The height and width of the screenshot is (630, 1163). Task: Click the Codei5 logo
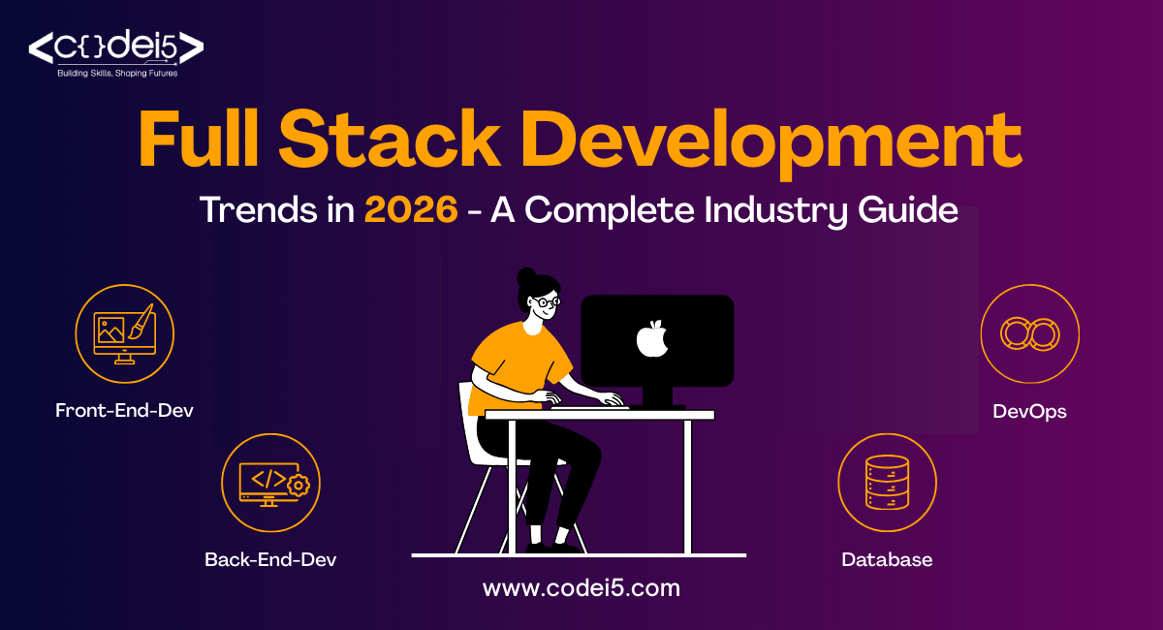[x=115, y=47]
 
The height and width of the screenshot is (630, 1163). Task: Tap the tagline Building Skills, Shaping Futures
[x=115, y=73]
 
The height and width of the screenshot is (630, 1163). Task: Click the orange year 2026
[x=412, y=210]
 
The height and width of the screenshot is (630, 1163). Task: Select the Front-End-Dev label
[x=124, y=410]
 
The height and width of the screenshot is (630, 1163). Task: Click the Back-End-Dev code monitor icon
[x=270, y=483]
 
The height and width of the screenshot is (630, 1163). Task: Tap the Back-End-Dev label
[x=270, y=559]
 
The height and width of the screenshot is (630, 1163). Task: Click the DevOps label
[x=1029, y=411]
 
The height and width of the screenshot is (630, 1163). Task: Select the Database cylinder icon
[x=887, y=483]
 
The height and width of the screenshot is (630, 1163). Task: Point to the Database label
[x=887, y=559]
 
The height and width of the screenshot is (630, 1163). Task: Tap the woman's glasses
[x=548, y=301]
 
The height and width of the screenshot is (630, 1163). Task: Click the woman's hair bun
[x=525, y=277]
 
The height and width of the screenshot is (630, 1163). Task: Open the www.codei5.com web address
[x=581, y=587]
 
